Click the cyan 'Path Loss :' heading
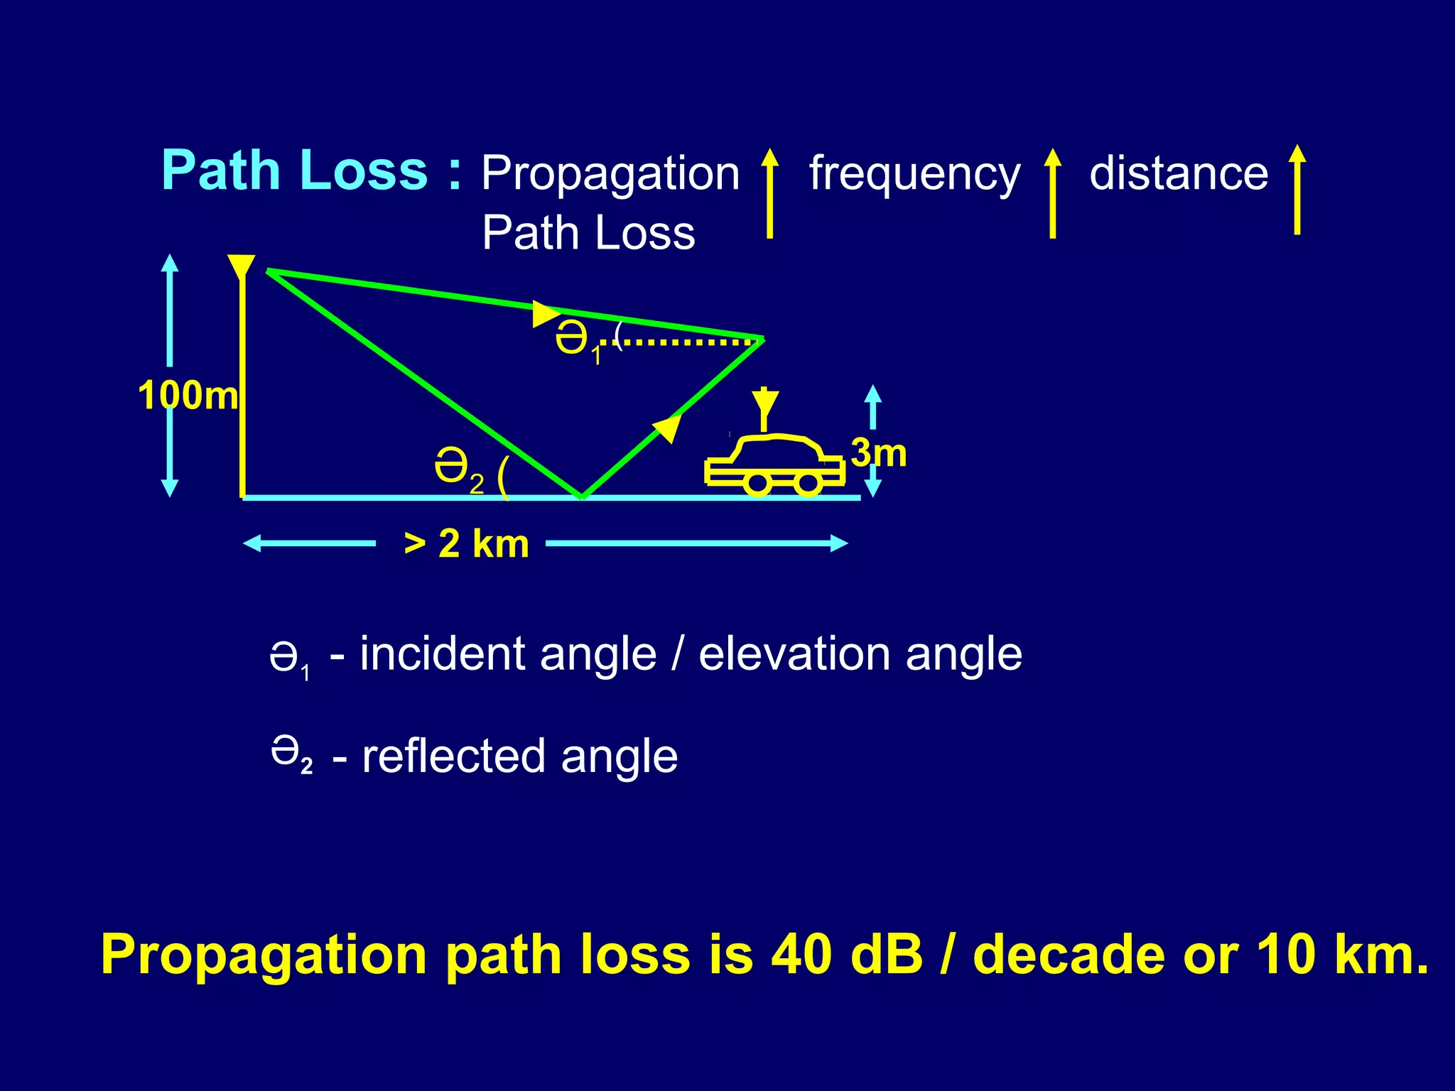pyautogui.click(x=310, y=170)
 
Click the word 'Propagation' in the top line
pyautogui.click(x=610, y=174)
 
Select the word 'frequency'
pyautogui.click(x=914, y=174)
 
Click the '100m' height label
pyautogui.click(x=188, y=396)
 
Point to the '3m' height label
pyautogui.click(x=879, y=452)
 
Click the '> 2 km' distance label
pyautogui.click(x=466, y=544)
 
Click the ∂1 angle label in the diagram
pyautogui.click(x=577, y=342)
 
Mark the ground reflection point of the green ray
pyautogui.click(x=582, y=496)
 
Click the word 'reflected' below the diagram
pyautogui.click(x=454, y=756)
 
